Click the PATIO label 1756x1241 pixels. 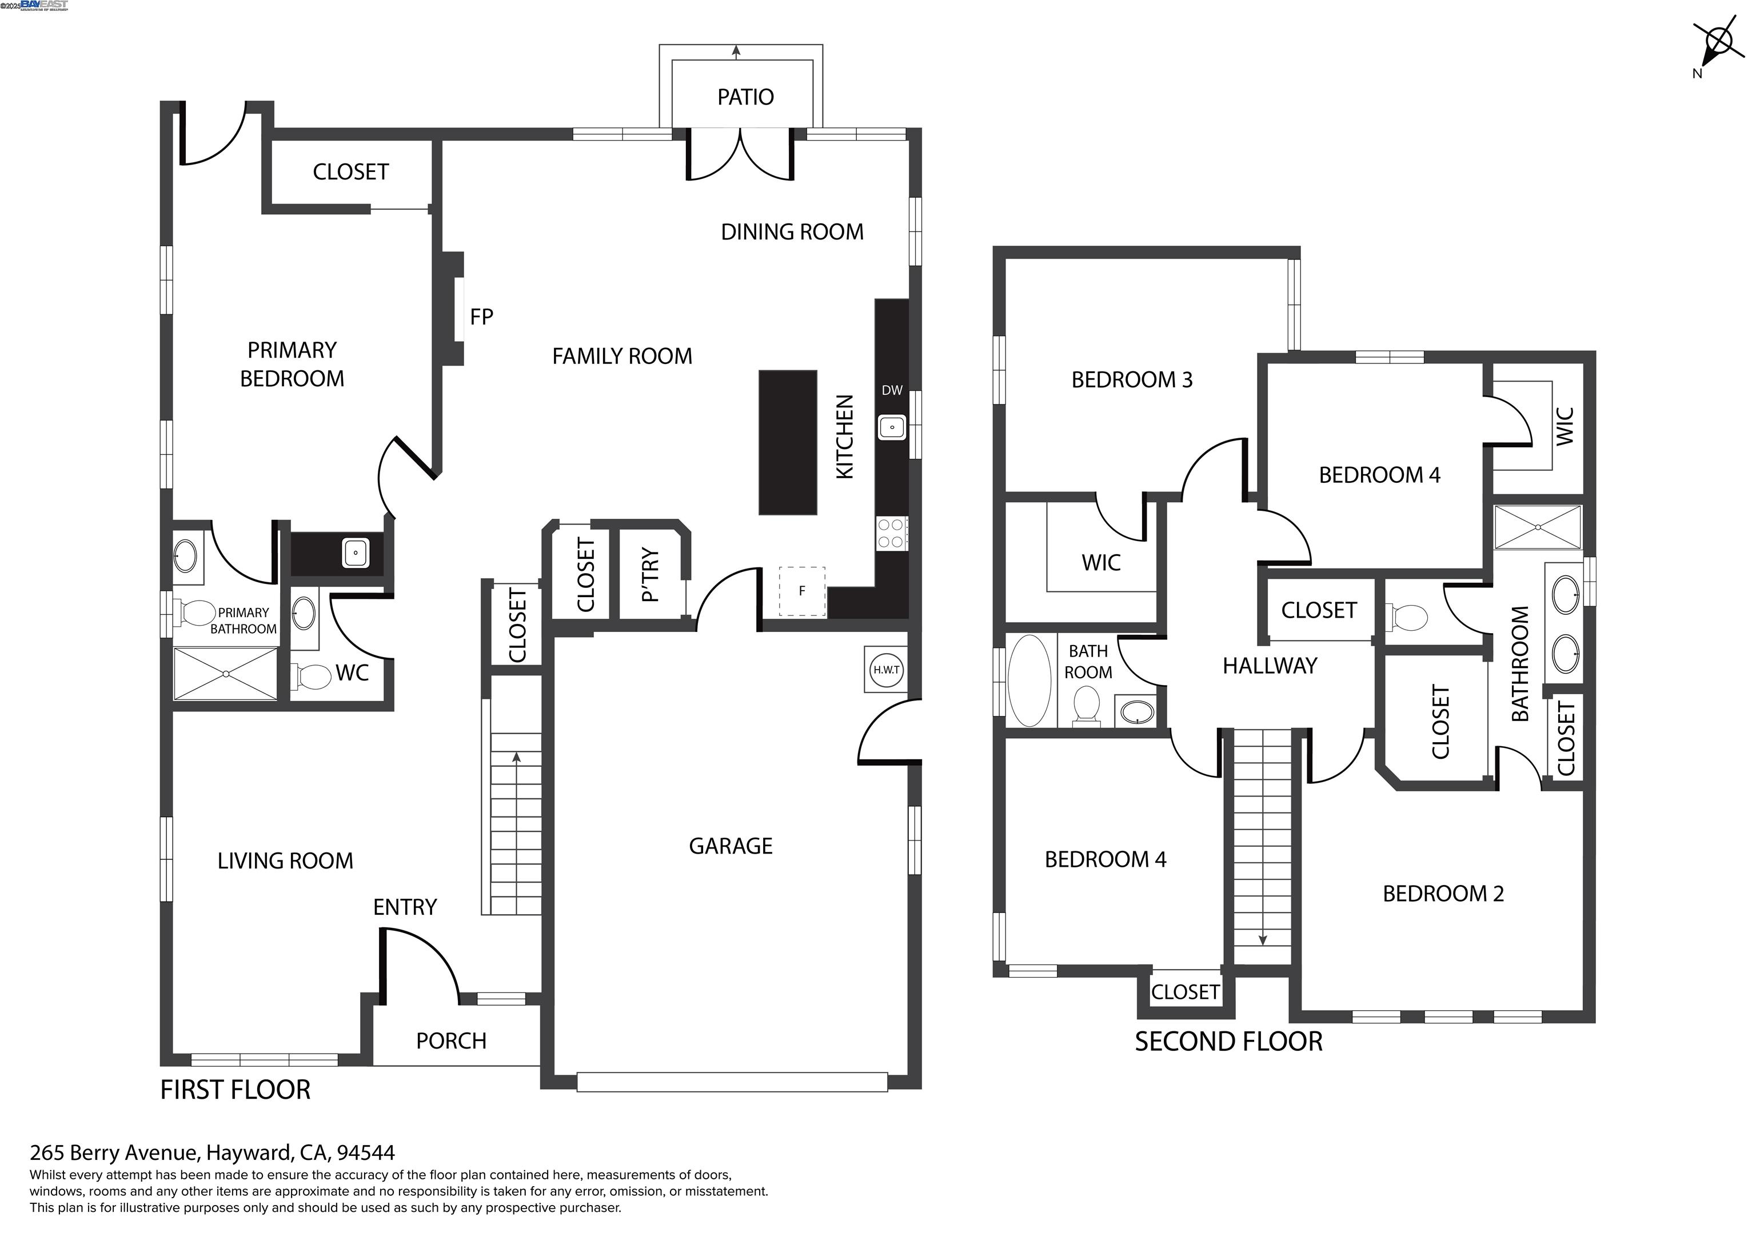click(745, 97)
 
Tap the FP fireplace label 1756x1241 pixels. click(481, 317)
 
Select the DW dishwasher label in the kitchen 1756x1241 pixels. click(892, 390)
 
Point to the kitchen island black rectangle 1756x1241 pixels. click(787, 442)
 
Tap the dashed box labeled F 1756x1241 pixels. click(801, 591)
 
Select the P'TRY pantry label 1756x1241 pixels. click(650, 574)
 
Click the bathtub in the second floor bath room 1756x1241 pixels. click(1029, 680)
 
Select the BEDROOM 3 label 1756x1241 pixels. click(1131, 379)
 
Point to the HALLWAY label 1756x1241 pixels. click(1270, 666)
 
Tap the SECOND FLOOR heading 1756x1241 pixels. click(1228, 1042)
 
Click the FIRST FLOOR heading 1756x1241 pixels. click(235, 1090)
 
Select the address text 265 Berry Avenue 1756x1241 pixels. click(212, 1152)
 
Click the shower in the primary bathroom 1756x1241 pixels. click(226, 674)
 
